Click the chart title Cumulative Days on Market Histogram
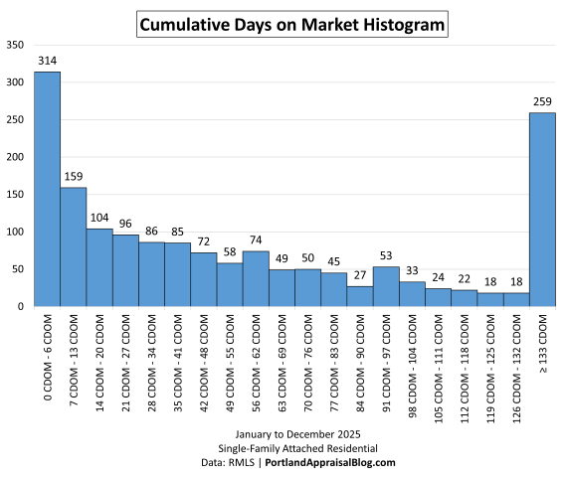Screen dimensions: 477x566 (x=291, y=23)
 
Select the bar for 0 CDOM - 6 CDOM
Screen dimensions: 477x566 (x=47, y=189)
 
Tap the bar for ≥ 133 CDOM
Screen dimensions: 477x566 (x=542, y=210)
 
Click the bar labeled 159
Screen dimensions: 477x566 (x=74, y=246)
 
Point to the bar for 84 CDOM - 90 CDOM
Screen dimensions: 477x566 (x=360, y=296)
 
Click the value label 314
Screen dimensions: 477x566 (x=47, y=62)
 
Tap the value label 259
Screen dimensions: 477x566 (x=542, y=102)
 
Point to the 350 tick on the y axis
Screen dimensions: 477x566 (x=14, y=45)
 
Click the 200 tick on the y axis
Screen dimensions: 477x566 (x=14, y=157)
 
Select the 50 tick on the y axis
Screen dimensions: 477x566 (x=17, y=269)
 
